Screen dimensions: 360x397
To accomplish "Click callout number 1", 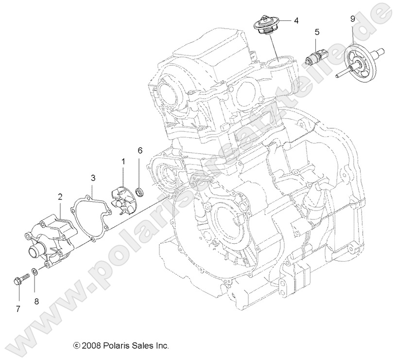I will (x=123, y=161).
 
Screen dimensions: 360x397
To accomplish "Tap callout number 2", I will (x=60, y=197).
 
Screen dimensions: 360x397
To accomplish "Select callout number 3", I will (x=93, y=179).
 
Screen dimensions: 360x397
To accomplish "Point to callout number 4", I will (x=295, y=20).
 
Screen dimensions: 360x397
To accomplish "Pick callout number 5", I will (x=317, y=33).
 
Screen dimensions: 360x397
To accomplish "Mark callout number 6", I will (x=140, y=150).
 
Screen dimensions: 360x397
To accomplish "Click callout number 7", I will (x=18, y=309).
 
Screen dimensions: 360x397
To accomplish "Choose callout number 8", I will (x=36, y=301).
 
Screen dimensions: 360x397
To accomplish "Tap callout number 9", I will (x=352, y=19).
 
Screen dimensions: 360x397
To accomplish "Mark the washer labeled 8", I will (x=35, y=271).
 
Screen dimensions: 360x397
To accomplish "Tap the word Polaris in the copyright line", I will (x=115, y=346).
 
